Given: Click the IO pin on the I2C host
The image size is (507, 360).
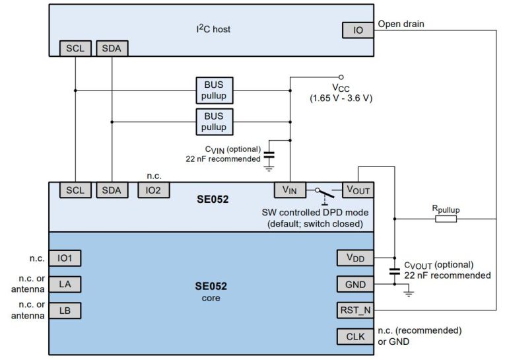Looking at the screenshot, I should [357, 30].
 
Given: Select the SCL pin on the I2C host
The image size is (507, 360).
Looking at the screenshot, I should [75, 48].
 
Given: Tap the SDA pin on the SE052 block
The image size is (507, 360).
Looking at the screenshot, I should [112, 190].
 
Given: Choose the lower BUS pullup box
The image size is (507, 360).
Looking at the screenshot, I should [215, 122].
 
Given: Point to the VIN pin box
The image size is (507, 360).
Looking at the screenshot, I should [290, 190].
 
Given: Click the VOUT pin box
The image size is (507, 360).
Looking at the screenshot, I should [357, 190].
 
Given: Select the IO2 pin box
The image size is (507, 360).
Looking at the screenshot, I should [154, 190].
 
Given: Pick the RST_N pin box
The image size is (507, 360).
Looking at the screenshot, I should [355, 310].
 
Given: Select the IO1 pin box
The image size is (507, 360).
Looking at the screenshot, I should [65, 258].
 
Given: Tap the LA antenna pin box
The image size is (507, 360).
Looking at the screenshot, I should [65, 284].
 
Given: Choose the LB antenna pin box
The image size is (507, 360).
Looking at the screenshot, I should [65, 310].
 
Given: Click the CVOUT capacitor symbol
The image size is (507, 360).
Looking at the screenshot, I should [394, 270].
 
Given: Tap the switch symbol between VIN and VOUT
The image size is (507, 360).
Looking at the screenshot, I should [321, 192].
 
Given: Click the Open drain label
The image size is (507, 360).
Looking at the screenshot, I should [401, 24].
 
